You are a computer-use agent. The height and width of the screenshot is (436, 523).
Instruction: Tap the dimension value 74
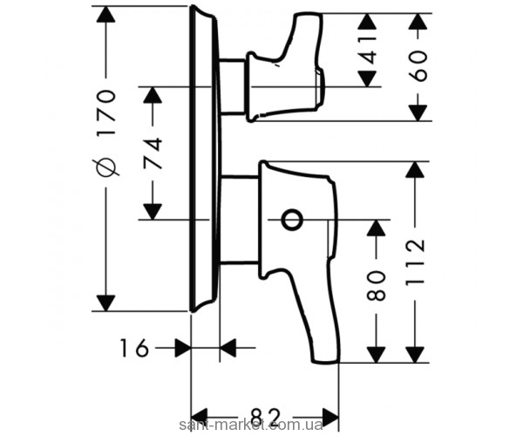[153, 154]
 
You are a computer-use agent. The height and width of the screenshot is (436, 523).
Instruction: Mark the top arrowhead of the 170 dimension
[105, 16]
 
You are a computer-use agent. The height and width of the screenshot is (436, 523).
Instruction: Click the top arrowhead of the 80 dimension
[376, 228]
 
